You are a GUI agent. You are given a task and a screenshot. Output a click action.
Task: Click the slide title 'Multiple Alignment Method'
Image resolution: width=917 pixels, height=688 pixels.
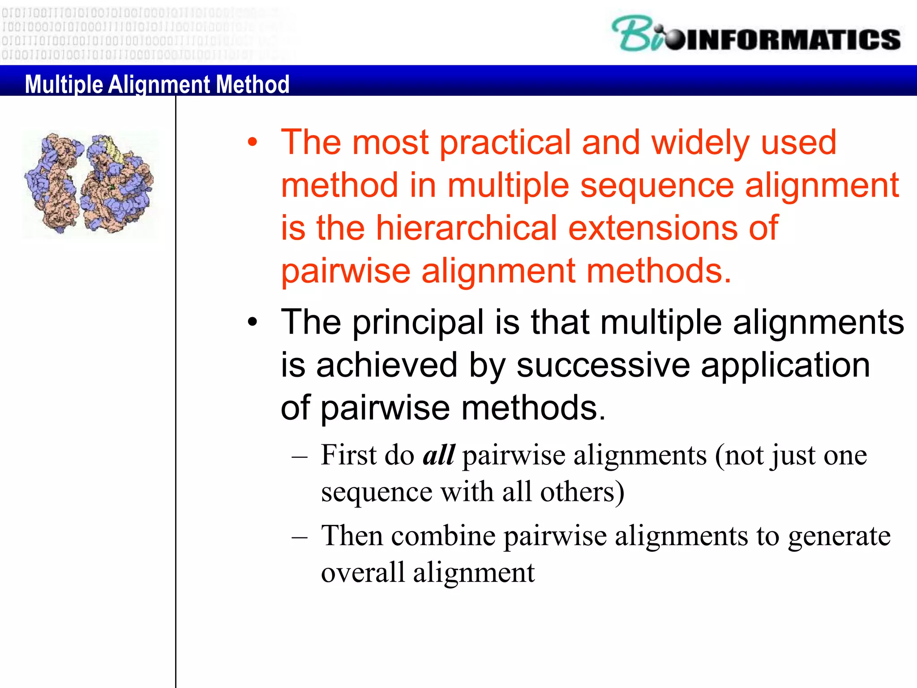click(x=157, y=84)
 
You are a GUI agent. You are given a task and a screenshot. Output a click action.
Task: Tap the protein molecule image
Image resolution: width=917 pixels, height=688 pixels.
click(x=90, y=184)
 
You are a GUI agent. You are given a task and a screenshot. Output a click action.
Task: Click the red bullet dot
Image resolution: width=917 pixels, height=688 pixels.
click(x=253, y=142)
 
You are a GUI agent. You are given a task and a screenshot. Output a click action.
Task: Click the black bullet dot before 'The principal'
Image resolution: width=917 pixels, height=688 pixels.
click(x=253, y=322)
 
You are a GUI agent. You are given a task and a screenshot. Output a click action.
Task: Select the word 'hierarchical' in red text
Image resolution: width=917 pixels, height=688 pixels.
click(x=466, y=228)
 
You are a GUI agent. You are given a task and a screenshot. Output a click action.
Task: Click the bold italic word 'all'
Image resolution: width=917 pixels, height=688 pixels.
click(x=439, y=455)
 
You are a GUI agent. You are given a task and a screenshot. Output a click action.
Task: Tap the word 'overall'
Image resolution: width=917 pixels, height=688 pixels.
click(x=363, y=572)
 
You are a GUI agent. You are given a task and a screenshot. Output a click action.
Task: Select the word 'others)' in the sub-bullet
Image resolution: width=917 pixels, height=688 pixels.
click(x=582, y=492)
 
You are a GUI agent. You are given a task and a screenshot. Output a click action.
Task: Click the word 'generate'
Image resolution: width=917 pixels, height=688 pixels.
click(x=839, y=536)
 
